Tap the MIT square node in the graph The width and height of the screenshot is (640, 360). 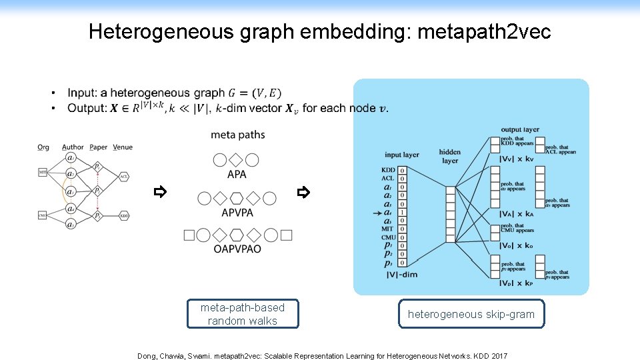point(43,172)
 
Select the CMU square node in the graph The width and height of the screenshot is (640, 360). point(43,215)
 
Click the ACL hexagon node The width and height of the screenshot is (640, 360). point(124,177)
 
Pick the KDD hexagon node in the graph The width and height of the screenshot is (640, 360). point(124,215)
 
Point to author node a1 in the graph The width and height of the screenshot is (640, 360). point(71,158)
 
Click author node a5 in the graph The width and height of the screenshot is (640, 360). point(71,225)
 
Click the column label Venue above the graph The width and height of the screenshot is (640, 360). point(123,147)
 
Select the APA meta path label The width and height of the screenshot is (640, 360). point(237,175)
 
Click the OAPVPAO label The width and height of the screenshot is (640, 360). point(237,249)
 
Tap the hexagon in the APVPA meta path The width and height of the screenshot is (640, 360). point(237,198)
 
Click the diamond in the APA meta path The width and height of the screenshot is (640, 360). point(237,160)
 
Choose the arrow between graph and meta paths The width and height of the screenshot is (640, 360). point(159,193)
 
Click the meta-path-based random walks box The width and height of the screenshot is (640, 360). point(242,314)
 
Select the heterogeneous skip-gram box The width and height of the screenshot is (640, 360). point(471,314)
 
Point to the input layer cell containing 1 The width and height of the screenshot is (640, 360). point(402,212)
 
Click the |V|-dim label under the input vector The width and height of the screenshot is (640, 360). point(401,274)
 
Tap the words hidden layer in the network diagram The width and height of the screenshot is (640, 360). point(450,156)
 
